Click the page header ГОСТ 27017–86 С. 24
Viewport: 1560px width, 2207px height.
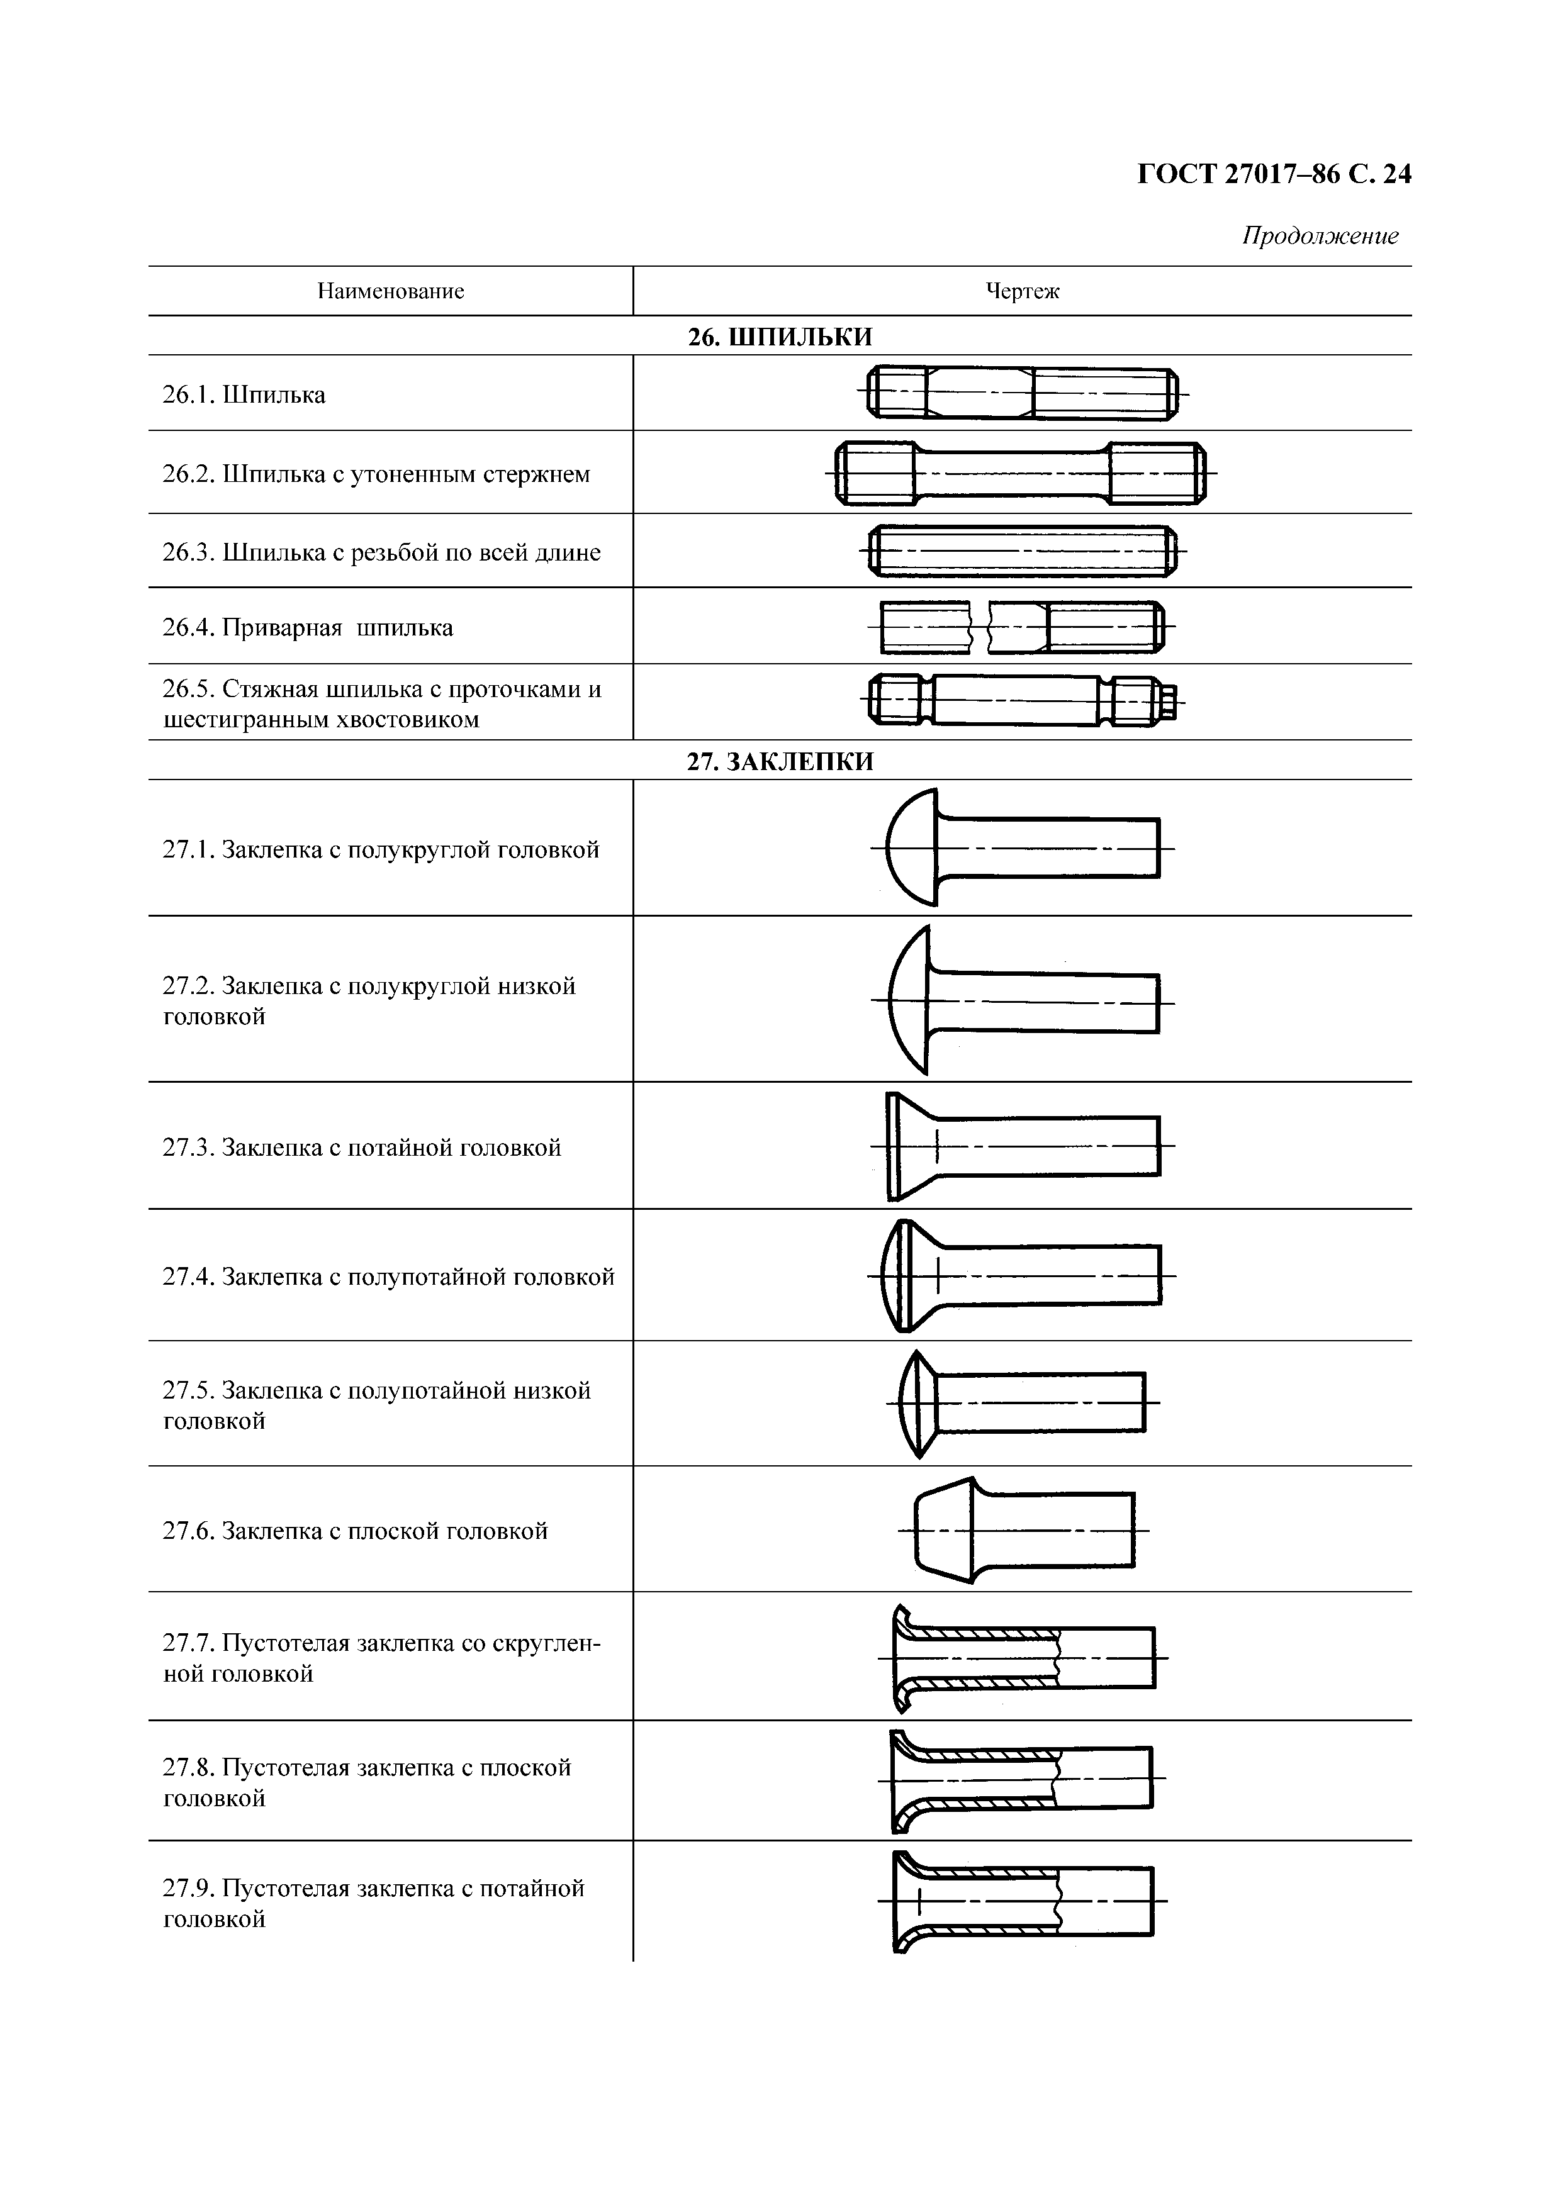[1274, 174]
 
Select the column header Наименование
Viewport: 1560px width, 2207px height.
[390, 291]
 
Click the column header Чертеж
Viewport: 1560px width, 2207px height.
[1022, 291]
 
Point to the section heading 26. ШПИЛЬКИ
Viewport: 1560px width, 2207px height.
[780, 337]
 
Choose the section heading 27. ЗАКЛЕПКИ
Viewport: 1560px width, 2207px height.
[780, 761]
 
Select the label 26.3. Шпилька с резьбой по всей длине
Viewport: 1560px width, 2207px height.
[381, 553]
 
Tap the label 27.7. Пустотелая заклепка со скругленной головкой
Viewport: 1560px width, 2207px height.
[381, 1658]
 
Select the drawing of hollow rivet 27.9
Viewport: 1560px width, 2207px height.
[1022, 1901]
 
